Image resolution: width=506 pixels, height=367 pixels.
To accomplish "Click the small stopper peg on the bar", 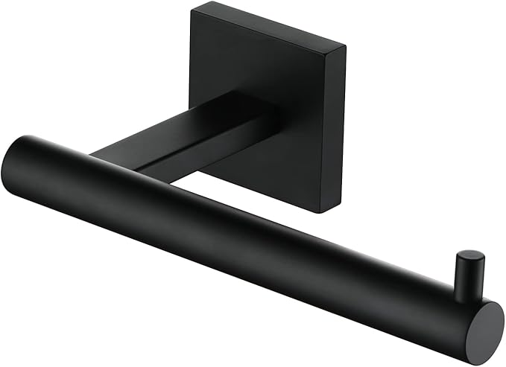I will click(x=470, y=273).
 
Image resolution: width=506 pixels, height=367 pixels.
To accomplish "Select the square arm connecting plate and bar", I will click(x=186, y=138).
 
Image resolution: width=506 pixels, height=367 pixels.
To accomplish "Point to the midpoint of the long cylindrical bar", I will click(x=246, y=231).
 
